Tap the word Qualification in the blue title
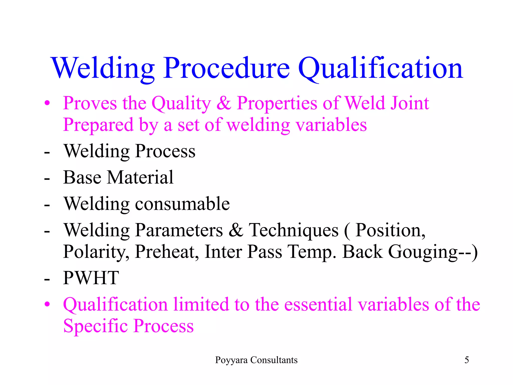coord(380,68)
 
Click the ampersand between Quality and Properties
coord(224,103)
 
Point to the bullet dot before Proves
coord(47,103)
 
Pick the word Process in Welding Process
coord(165,151)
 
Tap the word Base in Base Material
coord(82,177)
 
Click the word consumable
coord(182,204)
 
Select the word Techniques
coord(293,230)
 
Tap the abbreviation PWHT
coord(91,278)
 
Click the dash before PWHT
coord(47,279)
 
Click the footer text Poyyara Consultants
coord(256,360)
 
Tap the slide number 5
coord(467,360)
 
